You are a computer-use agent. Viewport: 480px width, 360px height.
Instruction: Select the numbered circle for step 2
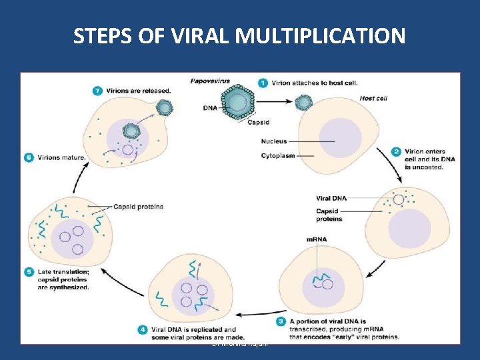397,152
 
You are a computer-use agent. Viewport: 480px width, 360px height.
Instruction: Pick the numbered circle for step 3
281,322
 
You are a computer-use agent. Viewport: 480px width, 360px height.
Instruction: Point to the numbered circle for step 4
143,329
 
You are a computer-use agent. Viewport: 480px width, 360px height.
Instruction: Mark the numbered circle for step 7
98,90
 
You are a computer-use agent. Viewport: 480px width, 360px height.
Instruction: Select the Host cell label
373,98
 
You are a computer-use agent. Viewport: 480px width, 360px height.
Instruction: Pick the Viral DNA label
331,198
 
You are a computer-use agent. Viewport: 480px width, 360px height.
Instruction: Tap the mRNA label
317,239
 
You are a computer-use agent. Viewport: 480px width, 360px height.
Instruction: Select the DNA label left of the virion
209,107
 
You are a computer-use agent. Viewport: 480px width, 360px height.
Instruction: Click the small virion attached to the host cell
303,102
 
